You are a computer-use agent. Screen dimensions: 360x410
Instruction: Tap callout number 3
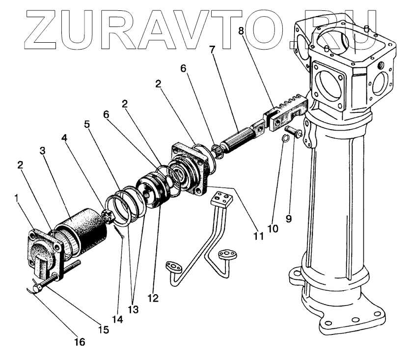(x=43, y=150)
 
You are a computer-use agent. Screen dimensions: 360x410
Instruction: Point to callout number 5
(x=87, y=124)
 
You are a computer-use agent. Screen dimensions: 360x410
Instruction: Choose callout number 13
(x=133, y=310)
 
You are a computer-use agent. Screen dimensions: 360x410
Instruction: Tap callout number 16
(x=80, y=340)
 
